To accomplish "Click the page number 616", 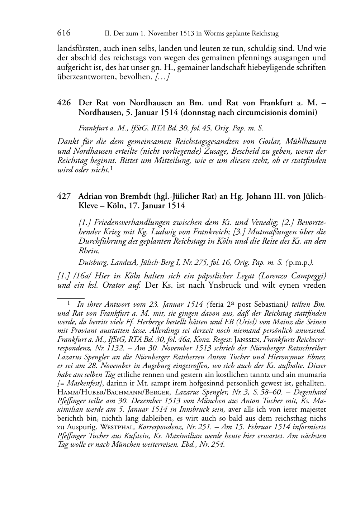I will point(63,33).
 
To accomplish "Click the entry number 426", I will point(63,103).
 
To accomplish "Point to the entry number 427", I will point(63,196).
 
